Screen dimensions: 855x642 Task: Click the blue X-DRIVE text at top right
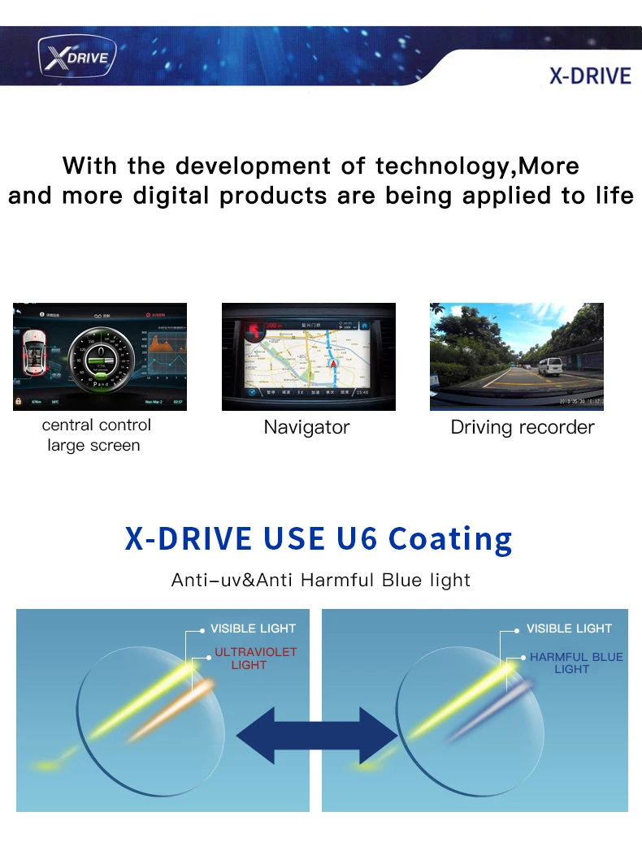coord(590,76)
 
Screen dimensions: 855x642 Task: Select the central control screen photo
coord(100,356)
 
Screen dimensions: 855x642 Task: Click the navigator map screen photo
coord(308,356)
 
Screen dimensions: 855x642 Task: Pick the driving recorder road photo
coord(517,356)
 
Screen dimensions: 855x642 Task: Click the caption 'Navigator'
coord(306,427)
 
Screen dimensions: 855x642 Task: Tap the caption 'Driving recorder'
coord(523,427)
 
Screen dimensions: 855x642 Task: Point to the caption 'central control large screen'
coord(96,435)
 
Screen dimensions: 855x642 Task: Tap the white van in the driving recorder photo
coord(549,366)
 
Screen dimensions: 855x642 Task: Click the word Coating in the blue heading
coord(450,538)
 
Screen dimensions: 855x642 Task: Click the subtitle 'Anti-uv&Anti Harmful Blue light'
coord(321,580)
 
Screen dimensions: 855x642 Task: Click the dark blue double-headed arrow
coord(316,734)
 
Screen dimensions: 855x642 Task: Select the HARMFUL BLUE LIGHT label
coord(575,663)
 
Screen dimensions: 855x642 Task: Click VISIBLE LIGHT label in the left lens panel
coord(253,628)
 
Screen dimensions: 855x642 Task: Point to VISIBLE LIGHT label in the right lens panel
coord(569,628)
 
